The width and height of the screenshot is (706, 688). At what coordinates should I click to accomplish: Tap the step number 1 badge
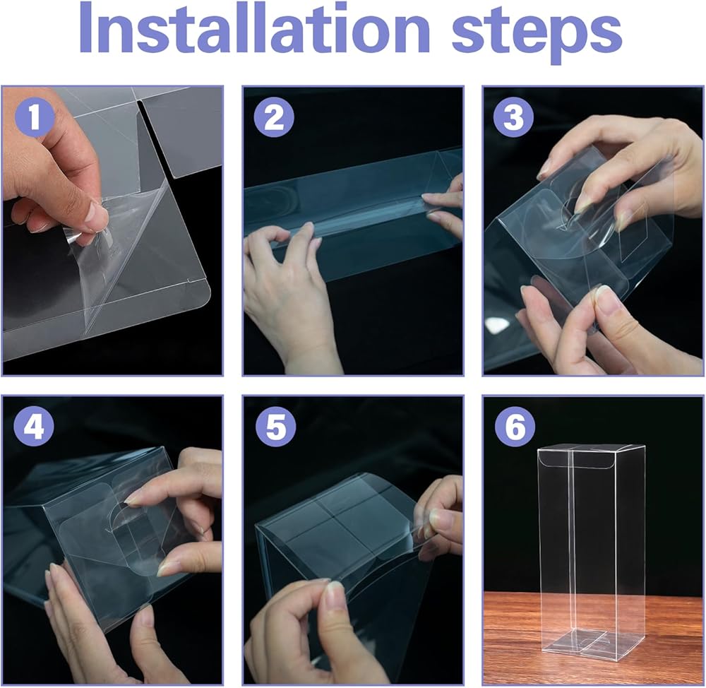pos(35,117)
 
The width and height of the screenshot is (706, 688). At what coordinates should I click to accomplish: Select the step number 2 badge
pos(274,117)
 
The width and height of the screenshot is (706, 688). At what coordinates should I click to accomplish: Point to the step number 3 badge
pos(513,117)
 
